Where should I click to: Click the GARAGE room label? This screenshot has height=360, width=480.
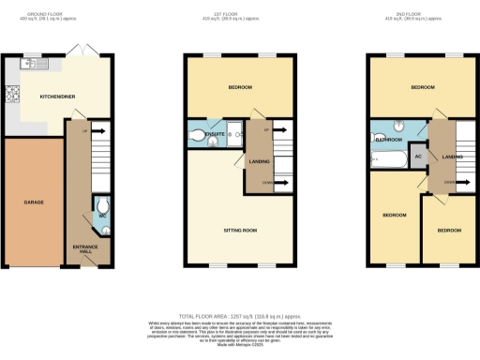34,202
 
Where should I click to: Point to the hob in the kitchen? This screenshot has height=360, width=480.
14,94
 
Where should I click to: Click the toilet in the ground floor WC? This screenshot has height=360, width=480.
101,207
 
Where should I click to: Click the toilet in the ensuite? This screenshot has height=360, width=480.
197,138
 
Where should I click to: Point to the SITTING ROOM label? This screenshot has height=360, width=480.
240,229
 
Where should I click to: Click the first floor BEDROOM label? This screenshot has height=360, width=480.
241,87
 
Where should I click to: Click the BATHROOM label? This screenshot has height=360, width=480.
389,139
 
